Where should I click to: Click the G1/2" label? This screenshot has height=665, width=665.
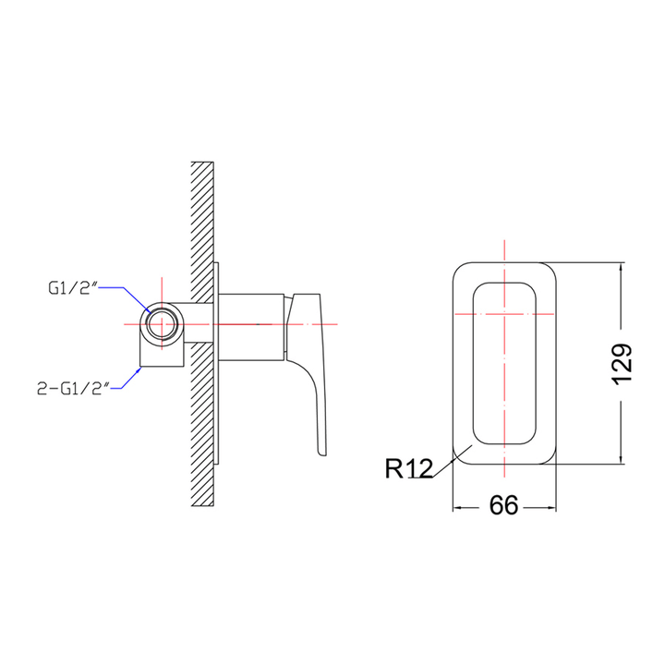pyautogui.click(x=73, y=288)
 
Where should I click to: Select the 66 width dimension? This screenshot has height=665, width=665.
pyautogui.click(x=502, y=505)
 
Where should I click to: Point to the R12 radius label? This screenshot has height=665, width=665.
pyautogui.click(x=408, y=469)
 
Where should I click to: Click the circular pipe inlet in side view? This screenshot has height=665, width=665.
pyautogui.click(x=163, y=325)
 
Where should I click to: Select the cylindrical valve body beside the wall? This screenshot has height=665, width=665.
pyautogui.click(x=251, y=325)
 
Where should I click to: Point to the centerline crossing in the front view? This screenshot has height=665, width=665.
pyautogui.click(x=504, y=314)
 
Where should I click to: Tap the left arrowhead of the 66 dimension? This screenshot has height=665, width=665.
pyautogui.click(x=455, y=506)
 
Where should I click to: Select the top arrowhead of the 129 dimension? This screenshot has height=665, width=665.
pyautogui.click(x=621, y=267)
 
